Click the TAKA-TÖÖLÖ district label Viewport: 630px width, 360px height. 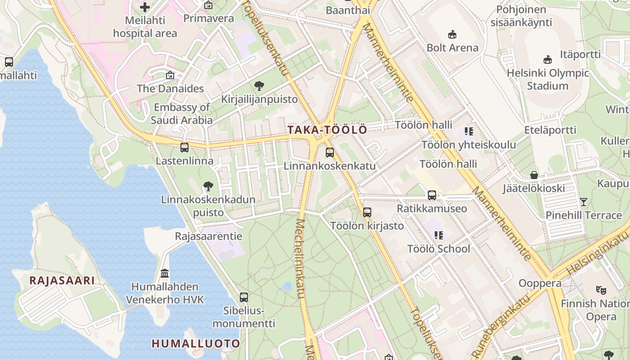[x=327, y=130]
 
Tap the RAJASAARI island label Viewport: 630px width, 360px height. [x=62, y=281]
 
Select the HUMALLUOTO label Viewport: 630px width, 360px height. [x=196, y=344]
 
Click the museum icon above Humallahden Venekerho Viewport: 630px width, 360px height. [x=165, y=273]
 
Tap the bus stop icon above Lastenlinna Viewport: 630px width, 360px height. [x=184, y=147]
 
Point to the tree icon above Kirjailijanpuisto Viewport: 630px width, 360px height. [x=259, y=85]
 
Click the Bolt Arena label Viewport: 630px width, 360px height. [x=452, y=48]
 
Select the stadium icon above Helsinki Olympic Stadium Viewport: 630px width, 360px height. [x=548, y=59]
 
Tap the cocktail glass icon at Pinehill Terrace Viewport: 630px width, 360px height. [x=584, y=202]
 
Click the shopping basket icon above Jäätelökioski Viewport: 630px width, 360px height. [x=534, y=175]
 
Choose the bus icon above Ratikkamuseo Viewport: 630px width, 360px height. [x=432, y=195]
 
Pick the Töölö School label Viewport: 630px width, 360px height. [x=438, y=249]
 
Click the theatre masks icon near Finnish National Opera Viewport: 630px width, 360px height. [x=601, y=290]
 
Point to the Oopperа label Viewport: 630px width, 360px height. [x=540, y=283]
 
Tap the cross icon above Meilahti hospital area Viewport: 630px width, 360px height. [x=145, y=7]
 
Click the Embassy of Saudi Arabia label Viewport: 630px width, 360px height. [x=182, y=114]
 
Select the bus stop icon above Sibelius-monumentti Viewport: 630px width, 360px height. [x=244, y=297]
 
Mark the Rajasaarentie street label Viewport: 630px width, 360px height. [x=208, y=236]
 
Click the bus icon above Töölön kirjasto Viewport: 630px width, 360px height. [x=367, y=212]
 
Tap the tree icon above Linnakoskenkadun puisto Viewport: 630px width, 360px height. [x=208, y=186]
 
